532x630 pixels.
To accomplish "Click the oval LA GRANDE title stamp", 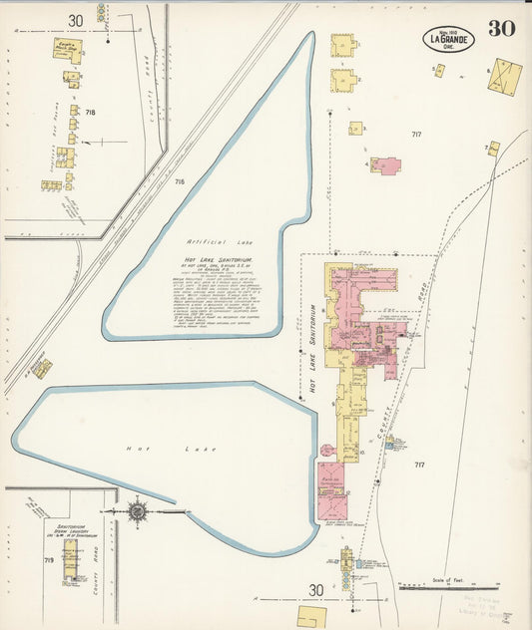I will click(448, 40).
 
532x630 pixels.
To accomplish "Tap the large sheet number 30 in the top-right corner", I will click(501, 29).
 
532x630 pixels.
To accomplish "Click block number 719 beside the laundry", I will click(49, 561).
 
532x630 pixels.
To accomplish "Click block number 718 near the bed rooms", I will click(91, 112).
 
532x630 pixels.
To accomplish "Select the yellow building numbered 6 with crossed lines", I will click(504, 76).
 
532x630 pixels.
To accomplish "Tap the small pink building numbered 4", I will click(385, 164).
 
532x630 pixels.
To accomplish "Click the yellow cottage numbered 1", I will click(342, 45).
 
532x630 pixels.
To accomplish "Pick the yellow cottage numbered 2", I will click(343, 80).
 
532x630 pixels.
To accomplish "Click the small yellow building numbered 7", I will click(493, 149).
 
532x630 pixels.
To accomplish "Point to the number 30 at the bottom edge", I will click(315, 591).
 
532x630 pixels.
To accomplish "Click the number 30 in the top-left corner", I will click(75, 20).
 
